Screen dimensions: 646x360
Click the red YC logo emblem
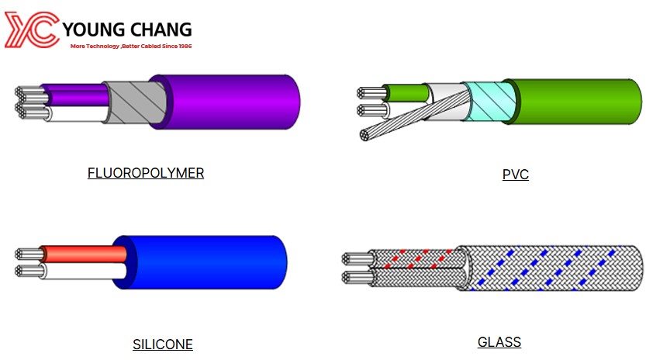pos(31,29)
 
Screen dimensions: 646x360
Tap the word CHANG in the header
pos(161,29)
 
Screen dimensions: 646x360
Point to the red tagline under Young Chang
pos(131,47)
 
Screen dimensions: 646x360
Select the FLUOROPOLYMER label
pos(146,173)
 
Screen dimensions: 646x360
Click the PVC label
pos(516,175)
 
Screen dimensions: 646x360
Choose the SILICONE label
pos(163,344)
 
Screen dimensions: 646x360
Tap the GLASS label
pos(499,342)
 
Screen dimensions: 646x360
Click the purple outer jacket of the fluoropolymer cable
pos(231,102)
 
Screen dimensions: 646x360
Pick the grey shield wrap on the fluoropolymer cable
pos(132,102)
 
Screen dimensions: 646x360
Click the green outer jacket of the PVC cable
pos(577,102)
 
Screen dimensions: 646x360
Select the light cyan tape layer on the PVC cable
pos(489,102)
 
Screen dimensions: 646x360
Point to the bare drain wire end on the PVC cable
pos(365,135)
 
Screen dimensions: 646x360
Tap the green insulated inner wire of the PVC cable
pos(406,93)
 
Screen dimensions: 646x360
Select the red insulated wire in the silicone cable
pos(84,254)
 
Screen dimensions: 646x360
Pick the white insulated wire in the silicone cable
pos(85,272)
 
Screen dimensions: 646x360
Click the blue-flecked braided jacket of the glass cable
pos(550,268)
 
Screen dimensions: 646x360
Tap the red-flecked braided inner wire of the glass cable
pos(416,258)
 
